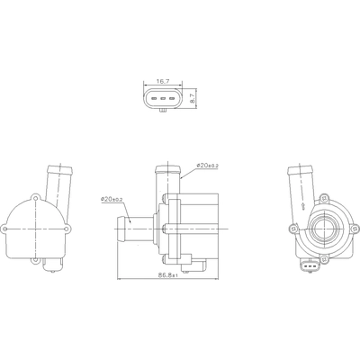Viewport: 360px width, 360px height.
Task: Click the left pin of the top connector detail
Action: click(151, 98)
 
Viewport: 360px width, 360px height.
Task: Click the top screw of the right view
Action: click(325, 195)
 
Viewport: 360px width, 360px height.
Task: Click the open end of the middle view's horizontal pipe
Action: click(120, 229)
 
